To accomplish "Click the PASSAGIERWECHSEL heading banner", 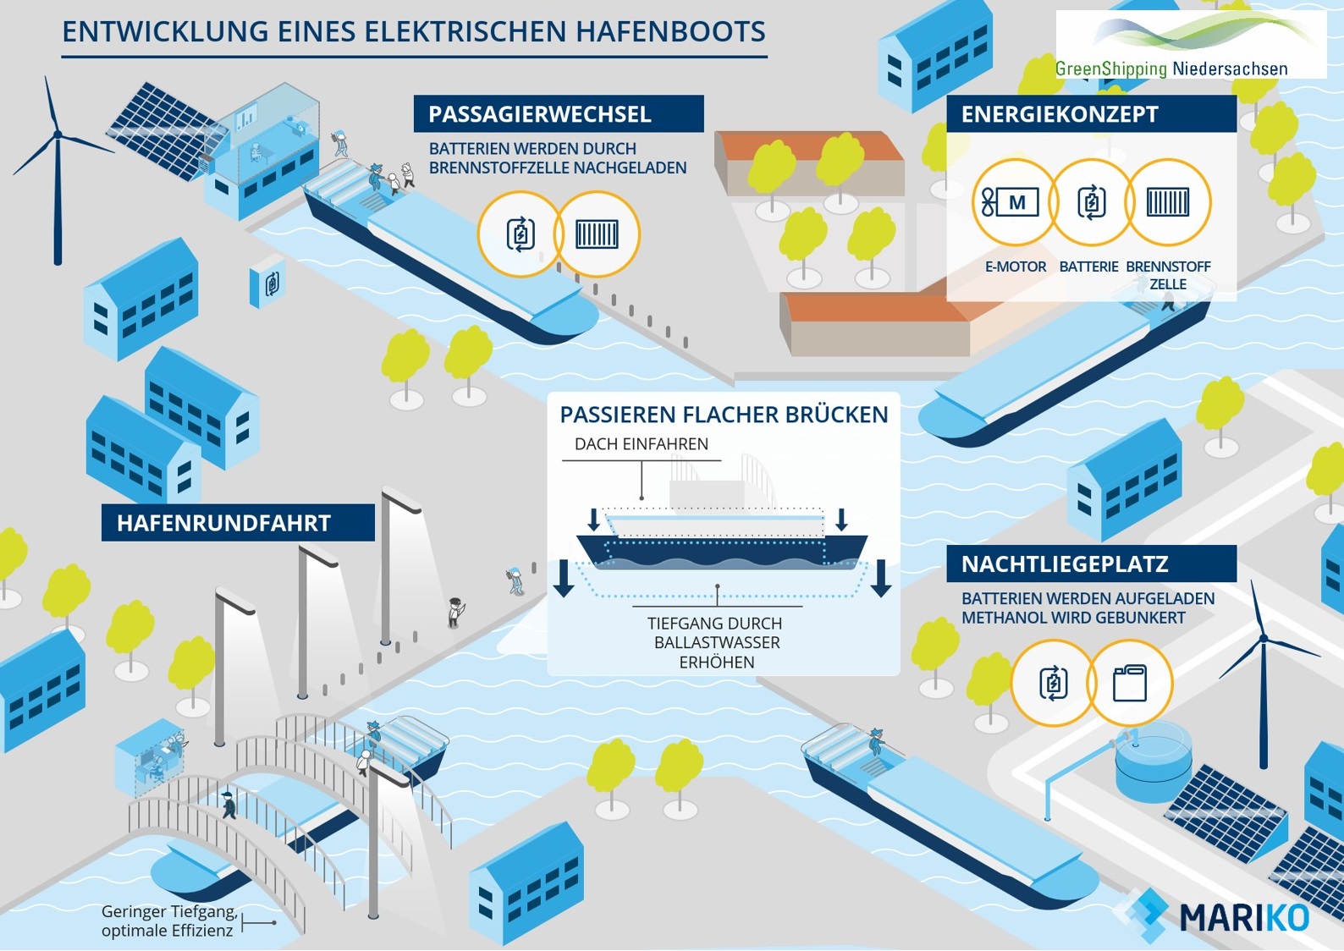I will pyautogui.click(x=558, y=114).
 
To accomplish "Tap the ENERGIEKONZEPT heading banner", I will pyautogui.click(x=1091, y=114).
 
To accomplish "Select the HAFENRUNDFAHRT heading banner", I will pyautogui.click(x=238, y=523).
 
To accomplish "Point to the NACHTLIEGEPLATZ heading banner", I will pyautogui.click(x=1091, y=564).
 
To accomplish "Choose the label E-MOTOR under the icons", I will pyautogui.click(x=1016, y=267).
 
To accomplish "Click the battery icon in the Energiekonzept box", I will pyautogui.click(x=1091, y=203).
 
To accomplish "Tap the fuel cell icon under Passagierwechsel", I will pyautogui.click(x=597, y=234).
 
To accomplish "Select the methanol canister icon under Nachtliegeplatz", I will pyautogui.click(x=1130, y=683).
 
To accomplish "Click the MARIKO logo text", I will pyautogui.click(x=1244, y=917).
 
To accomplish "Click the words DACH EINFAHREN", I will pyautogui.click(x=642, y=444).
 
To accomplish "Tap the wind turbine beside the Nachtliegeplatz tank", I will pyautogui.click(x=1263, y=668).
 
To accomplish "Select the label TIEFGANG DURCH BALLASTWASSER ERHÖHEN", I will pyautogui.click(x=715, y=642).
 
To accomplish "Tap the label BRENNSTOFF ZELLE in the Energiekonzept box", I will pyautogui.click(x=1168, y=275).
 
